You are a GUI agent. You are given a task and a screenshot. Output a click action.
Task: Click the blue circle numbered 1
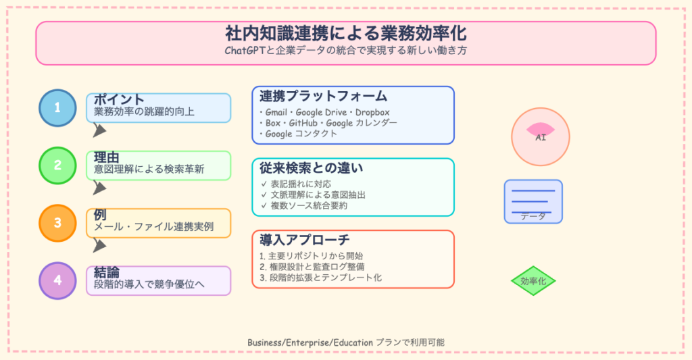[x=57, y=108]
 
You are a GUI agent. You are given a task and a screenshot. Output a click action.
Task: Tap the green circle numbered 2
[x=57, y=165]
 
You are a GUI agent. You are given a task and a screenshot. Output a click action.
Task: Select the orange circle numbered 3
[x=57, y=223]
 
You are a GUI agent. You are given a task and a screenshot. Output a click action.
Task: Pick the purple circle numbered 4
[x=57, y=280]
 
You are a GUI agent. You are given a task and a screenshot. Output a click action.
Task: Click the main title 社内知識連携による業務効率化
[x=345, y=34]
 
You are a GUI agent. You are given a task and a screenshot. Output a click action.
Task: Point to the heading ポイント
[x=119, y=99]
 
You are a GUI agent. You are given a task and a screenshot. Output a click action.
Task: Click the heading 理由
[x=107, y=157]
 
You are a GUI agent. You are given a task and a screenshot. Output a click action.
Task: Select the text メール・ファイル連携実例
[x=153, y=227]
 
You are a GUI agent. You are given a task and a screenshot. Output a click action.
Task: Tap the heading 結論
[x=107, y=272]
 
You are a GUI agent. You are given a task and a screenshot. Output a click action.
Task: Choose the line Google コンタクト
[x=297, y=134]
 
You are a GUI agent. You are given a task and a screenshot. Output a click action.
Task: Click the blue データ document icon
[x=533, y=201]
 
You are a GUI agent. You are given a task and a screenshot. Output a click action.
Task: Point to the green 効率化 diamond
[x=533, y=282]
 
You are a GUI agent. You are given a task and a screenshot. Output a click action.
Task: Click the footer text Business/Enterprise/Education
[x=310, y=342]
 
